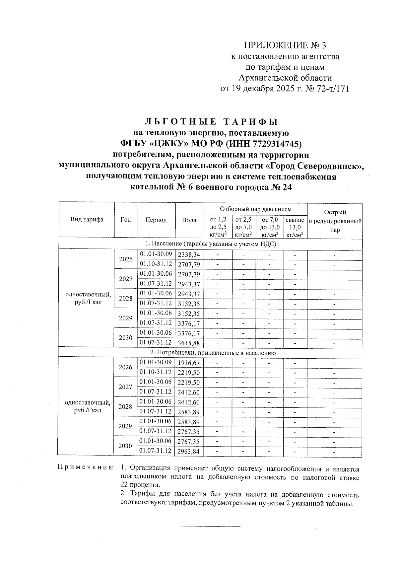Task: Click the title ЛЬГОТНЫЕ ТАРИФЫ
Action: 211,122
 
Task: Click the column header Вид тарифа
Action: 87,220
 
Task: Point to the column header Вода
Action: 189,220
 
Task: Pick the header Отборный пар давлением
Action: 255,209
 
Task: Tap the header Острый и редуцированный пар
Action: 335,221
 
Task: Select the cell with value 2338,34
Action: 189,255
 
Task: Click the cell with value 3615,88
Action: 189,343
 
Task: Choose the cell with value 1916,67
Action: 189,363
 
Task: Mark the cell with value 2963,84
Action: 189,452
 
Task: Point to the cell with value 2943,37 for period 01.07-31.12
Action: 189,284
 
